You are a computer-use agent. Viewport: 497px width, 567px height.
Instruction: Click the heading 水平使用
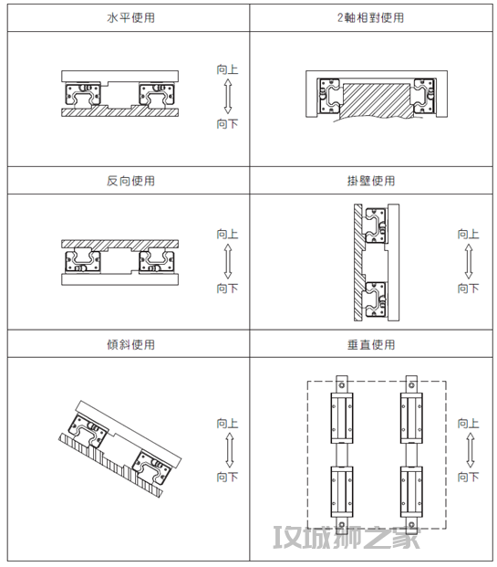click(130, 17)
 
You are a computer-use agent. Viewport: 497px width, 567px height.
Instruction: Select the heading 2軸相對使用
click(370, 17)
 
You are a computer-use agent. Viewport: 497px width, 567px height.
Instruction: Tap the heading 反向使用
click(130, 181)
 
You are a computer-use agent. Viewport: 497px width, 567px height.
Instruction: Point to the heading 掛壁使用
click(371, 181)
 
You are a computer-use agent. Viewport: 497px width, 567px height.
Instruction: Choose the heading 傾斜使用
click(130, 344)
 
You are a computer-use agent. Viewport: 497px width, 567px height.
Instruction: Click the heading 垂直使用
click(371, 344)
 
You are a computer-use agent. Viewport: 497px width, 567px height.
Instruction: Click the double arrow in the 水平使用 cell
click(228, 97)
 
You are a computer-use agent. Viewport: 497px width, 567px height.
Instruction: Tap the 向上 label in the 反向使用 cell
click(228, 234)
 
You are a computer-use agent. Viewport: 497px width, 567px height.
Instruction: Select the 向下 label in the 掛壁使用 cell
click(469, 289)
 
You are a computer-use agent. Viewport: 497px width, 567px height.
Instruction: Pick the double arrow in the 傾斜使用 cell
click(230, 450)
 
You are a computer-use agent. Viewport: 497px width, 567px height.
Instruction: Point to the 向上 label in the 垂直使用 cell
click(469, 423)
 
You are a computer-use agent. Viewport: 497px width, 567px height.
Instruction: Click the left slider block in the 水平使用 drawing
click(83, 94)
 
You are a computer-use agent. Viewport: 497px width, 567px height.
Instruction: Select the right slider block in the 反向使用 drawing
click(157, 261)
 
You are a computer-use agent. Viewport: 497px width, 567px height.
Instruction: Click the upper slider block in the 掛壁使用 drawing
click(376, 226)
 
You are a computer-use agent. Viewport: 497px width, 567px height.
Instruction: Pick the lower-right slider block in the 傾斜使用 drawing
click(151, 467)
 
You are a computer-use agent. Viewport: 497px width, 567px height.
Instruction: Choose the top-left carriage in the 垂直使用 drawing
click(342, 418)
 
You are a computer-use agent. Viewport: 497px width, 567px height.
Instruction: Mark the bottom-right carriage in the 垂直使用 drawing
click(411, 492)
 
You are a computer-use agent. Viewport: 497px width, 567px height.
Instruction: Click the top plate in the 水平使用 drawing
click(119, 77)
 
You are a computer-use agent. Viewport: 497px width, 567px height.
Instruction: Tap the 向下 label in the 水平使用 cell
click(228, 123)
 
